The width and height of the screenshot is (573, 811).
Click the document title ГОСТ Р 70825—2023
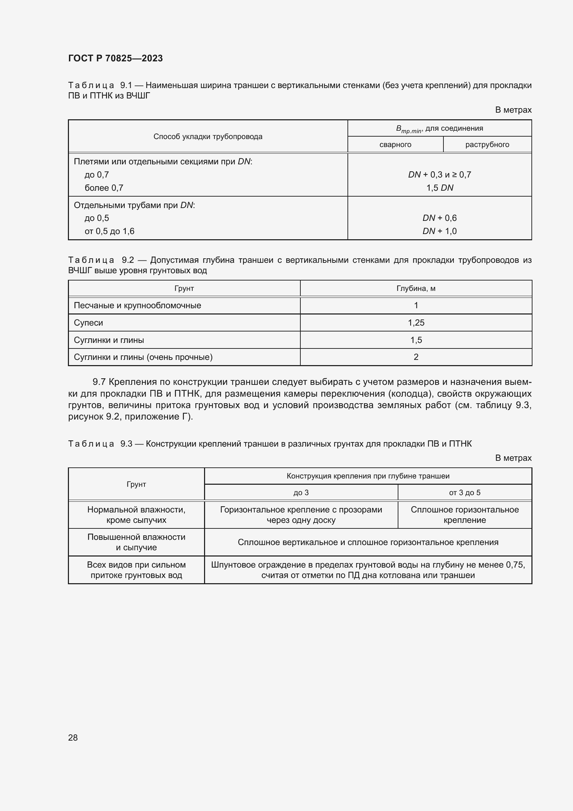click(115, 58)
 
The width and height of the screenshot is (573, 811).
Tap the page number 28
click(73, 737)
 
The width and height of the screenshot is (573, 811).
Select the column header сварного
click(395, 145)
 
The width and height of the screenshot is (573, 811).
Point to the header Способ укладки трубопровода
click(208, 137)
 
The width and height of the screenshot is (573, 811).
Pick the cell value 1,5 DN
click(439, 188)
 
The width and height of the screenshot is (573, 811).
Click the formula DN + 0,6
click(439, 218)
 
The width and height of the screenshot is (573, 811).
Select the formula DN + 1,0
click(439, 231)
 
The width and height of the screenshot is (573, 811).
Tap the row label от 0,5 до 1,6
click(109, 231)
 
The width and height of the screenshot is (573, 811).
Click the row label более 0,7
click(104, 188)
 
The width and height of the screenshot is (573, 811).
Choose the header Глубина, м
click(416, 288)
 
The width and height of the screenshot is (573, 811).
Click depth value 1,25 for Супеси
click(416, 322)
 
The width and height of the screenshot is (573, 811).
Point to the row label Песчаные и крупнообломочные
click(137, 305)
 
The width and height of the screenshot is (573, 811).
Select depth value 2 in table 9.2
click(416, 357)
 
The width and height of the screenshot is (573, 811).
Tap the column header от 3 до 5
click(464, 492)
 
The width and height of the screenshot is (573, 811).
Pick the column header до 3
click(301, 492)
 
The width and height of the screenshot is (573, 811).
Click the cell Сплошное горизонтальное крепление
click(464, 515)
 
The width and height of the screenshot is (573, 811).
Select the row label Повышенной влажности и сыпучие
click(136, 542)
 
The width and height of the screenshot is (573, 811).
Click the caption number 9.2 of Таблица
click(128, 260)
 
